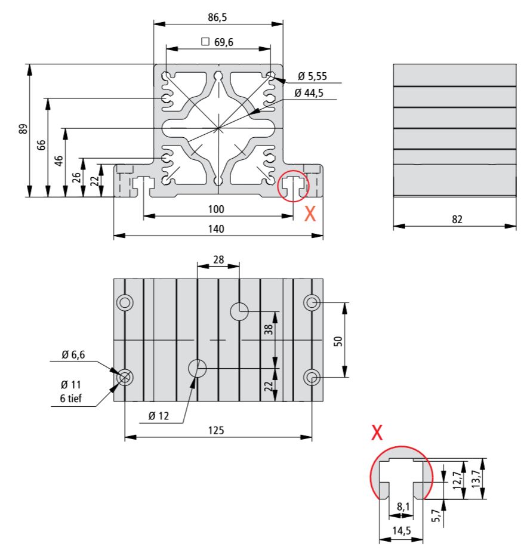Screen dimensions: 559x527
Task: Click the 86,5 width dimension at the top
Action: (x=217, y=17)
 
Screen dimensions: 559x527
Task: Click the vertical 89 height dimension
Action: (x=23, y=129)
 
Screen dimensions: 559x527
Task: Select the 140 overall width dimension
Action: (x=217, y=228)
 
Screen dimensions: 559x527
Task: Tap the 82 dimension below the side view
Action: (x=457, y=219)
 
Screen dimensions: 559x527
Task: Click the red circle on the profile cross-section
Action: (x=293, y=186)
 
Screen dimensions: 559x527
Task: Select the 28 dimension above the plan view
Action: (x=218, y=260)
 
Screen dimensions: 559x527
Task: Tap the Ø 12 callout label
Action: (x=158, y=416)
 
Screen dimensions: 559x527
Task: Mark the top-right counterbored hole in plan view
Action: (x=312, y=302)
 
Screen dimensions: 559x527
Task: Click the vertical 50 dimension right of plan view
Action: (x=338, y=341)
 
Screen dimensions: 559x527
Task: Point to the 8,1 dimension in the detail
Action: (x=403, y=507)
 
